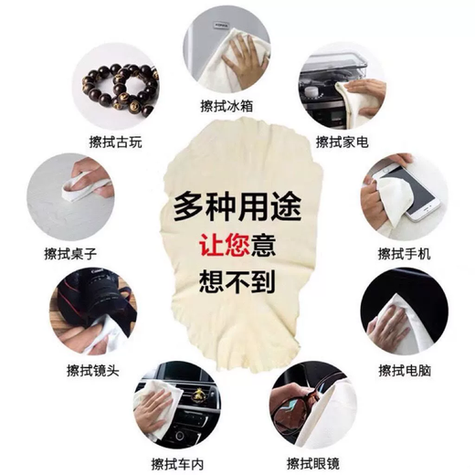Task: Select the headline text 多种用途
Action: click(237, 203)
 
